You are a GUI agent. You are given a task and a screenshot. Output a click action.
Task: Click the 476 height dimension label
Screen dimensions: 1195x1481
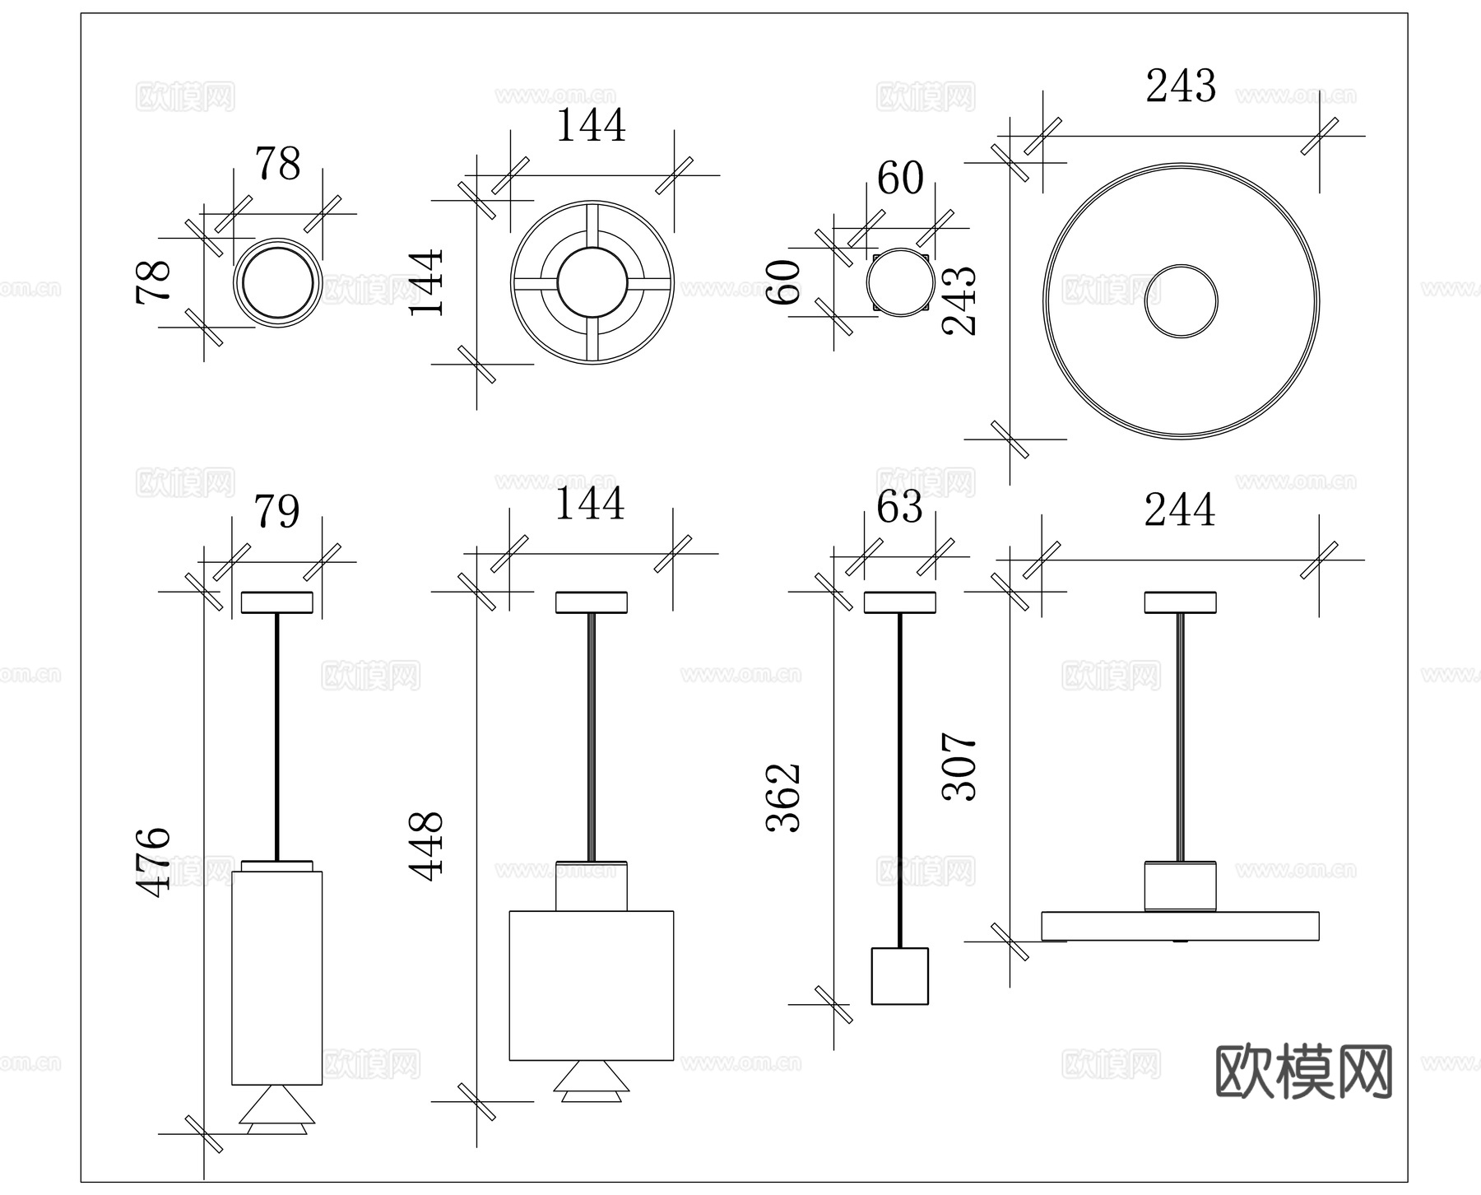(153, 862)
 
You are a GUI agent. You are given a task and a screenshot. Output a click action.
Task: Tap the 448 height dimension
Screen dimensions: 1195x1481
(427, 847)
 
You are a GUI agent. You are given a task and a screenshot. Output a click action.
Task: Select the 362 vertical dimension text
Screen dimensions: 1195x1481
(783, 797)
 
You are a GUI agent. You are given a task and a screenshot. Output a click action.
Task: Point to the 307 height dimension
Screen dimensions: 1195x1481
(959, 766)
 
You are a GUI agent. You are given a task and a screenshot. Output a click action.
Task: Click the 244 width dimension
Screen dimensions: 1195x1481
(1179, 510)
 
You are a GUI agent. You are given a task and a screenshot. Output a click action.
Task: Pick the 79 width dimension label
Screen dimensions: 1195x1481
(276, 513)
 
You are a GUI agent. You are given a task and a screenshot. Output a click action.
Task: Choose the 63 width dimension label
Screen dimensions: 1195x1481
(899, 508)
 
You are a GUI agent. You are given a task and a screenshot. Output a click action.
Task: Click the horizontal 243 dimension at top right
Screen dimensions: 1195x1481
(1181, 86)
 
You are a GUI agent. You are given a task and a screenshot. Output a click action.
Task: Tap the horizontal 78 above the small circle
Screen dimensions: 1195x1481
(278, 165)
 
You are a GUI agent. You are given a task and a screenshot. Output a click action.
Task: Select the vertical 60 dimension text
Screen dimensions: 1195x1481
(783, 282)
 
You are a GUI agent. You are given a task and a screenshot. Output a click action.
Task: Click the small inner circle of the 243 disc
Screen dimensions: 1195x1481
(1181, 301)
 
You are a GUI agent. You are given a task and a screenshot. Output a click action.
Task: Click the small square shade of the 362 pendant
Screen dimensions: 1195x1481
(899, 976)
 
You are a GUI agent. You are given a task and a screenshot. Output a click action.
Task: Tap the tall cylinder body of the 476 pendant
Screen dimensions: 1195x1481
(276, 978)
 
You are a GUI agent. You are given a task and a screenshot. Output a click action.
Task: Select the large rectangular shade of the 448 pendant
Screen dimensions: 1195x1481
(592, 985)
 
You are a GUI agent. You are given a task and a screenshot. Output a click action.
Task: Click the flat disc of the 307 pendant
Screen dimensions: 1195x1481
(1180, 926)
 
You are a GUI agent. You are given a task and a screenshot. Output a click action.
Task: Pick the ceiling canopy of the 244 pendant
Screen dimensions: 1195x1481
(1180, 602)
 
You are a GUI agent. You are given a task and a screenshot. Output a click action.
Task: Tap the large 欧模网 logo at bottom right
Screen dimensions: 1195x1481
(1303, 1072)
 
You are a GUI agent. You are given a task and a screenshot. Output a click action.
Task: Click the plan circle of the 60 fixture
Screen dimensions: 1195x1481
(899, 282)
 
